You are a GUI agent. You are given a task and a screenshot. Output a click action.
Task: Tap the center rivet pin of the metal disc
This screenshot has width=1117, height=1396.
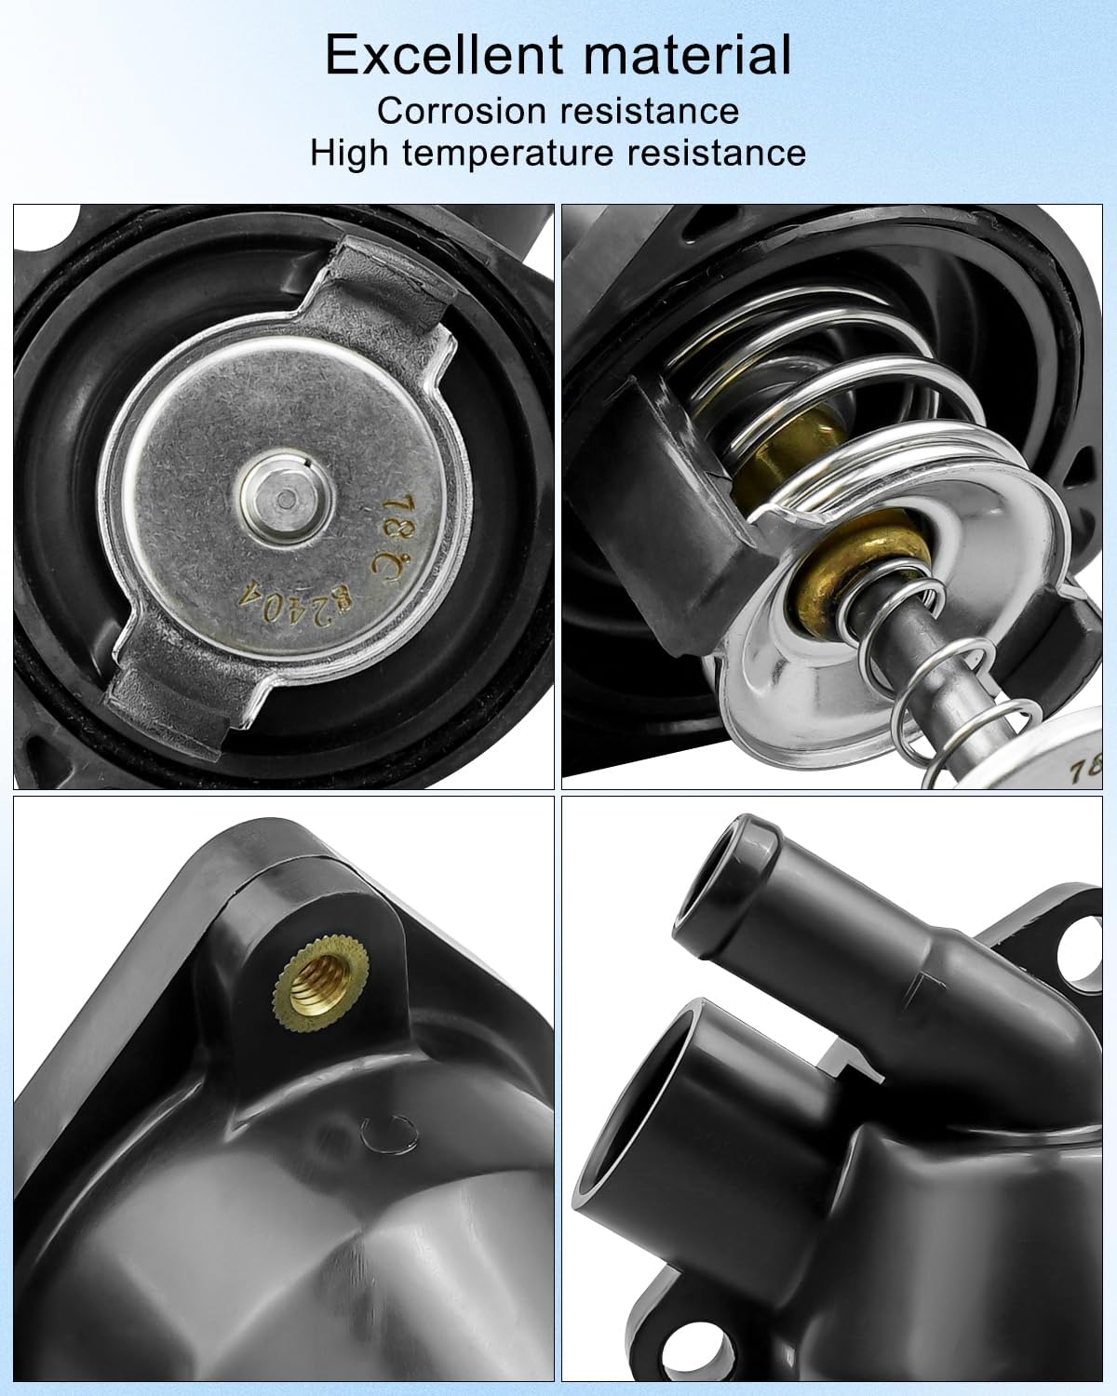pos(283,501)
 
